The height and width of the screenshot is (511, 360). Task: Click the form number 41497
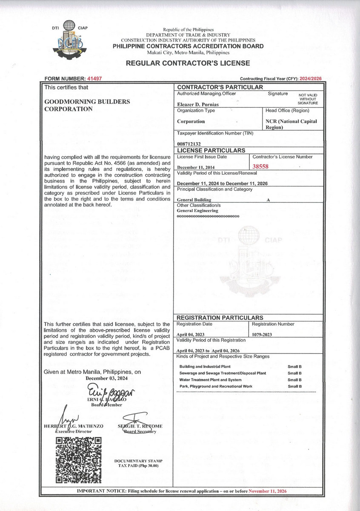point(94,79)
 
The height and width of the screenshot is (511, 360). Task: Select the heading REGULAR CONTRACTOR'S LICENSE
point(188,63)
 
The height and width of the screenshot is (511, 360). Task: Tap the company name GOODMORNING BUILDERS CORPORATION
point(87,105)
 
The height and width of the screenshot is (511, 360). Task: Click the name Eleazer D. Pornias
point(197,103)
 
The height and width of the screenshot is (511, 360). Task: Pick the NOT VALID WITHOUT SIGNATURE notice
point(308,99)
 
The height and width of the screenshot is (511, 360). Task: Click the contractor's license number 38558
point(263,167)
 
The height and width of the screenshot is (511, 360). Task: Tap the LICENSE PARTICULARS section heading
point(211,150)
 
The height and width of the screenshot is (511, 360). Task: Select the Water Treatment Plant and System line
point(210,380)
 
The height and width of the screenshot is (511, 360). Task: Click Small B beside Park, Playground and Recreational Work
point(294,386)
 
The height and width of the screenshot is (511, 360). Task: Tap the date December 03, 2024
point(107,378)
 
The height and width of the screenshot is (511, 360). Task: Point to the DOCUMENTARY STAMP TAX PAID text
point(138,464)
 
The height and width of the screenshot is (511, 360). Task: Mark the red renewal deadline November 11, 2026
point(268,491)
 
